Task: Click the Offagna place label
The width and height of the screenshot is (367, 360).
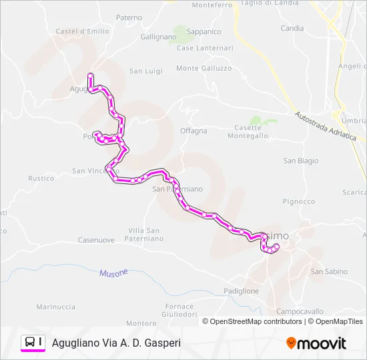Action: pyautogui.click(x=194, y=131)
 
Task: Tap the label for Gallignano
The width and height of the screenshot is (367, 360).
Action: pyautogui.click(x=158, y=37)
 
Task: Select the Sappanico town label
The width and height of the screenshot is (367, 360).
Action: pyautogui.click(x=204, y=31)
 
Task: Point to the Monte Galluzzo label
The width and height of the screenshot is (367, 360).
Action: pyautogui.click(x=204, y=68)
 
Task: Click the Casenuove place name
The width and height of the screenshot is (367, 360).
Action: pyautogui.click(x=96, y=240)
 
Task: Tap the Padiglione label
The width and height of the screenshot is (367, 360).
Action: pyautogui.click(x=241, y=291)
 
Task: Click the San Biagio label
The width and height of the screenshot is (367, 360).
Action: pyautogui.click(x=301, y=161)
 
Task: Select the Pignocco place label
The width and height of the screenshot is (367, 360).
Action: pyautogui.click(x=298, y=201)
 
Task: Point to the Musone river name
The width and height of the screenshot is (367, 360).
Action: pyautogui.click(x=113, y=273)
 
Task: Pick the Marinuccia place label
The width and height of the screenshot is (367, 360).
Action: pyautogui.click(x=55, y=307)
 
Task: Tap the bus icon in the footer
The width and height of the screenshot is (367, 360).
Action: pyautogui.click(x=30, y=342)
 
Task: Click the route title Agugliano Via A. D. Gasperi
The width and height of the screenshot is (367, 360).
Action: pyautogui.click(x=116, y=343)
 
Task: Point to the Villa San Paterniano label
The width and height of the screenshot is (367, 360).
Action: pyautogui.click(x=145, y=234)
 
